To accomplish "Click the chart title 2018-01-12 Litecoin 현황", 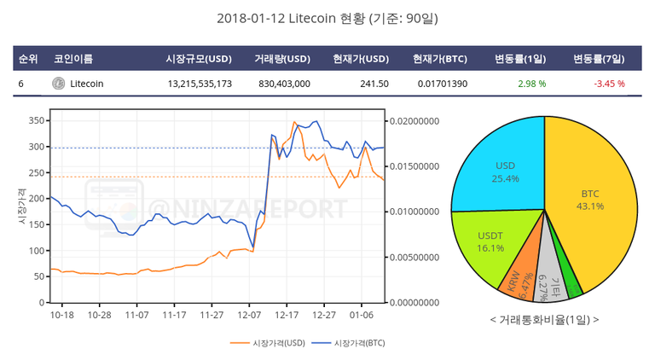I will click(x=327, y=18).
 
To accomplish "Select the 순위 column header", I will click(x=28, y=59).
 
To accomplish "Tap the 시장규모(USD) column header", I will click(x=199, y=59).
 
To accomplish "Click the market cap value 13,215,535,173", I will click(x=200, y=84).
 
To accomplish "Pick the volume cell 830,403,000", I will click(x=284, y=84).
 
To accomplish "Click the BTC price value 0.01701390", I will click(x=443, y=84).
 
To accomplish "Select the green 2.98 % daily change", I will click(x=531, y=84).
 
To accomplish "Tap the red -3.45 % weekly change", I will click(x=609, y=84).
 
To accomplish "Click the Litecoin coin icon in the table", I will click(x=58, y=84).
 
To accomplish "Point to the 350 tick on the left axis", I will click(x=34, y=121).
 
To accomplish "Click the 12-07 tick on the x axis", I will click(x=249, y=314).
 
